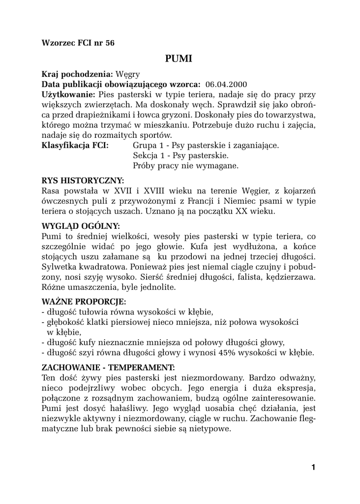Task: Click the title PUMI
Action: point(179,59)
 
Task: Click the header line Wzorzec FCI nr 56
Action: point(78,43)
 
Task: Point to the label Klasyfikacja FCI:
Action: point(75,146)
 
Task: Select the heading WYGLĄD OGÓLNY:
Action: point(81,226)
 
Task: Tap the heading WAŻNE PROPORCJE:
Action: point(84,301)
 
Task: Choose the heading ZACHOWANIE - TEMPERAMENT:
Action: point(108,367)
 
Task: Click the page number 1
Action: point(313,467)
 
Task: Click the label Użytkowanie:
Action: point(68,94)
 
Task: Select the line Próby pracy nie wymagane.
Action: point(185,166)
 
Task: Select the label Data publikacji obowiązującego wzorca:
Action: point(121,84)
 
